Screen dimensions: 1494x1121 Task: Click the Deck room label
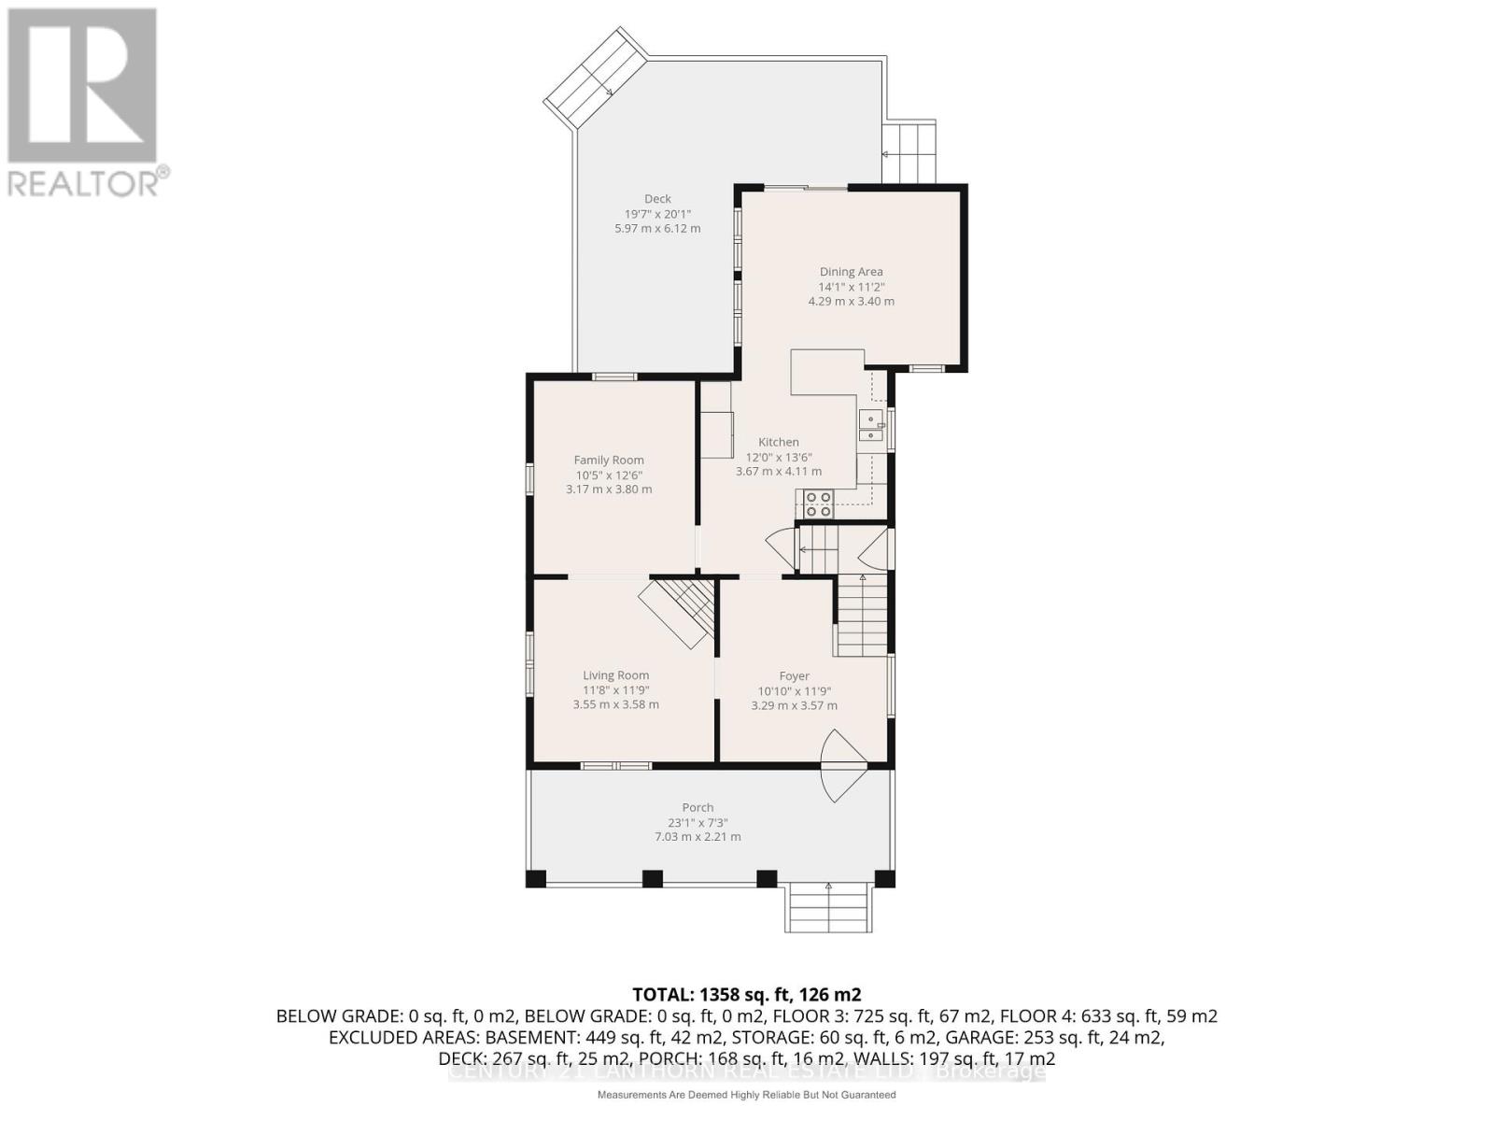(657, 199)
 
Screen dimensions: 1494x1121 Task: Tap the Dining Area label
(851, 272)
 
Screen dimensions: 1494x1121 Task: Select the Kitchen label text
(779, 442)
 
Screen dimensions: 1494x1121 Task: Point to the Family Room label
(609, 461)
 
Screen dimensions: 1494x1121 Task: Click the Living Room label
(615, 675)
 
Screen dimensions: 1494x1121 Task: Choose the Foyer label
(795, 675)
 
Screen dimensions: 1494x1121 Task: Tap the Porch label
(698, 807)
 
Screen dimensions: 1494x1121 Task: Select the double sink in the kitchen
(870, 427)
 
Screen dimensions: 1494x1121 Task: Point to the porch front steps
(828, 906)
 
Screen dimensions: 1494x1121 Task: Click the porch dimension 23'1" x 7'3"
(698, 822)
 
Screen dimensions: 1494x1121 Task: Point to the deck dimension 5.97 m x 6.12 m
(657, 229)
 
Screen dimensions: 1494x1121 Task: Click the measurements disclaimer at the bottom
(747, 1095)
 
